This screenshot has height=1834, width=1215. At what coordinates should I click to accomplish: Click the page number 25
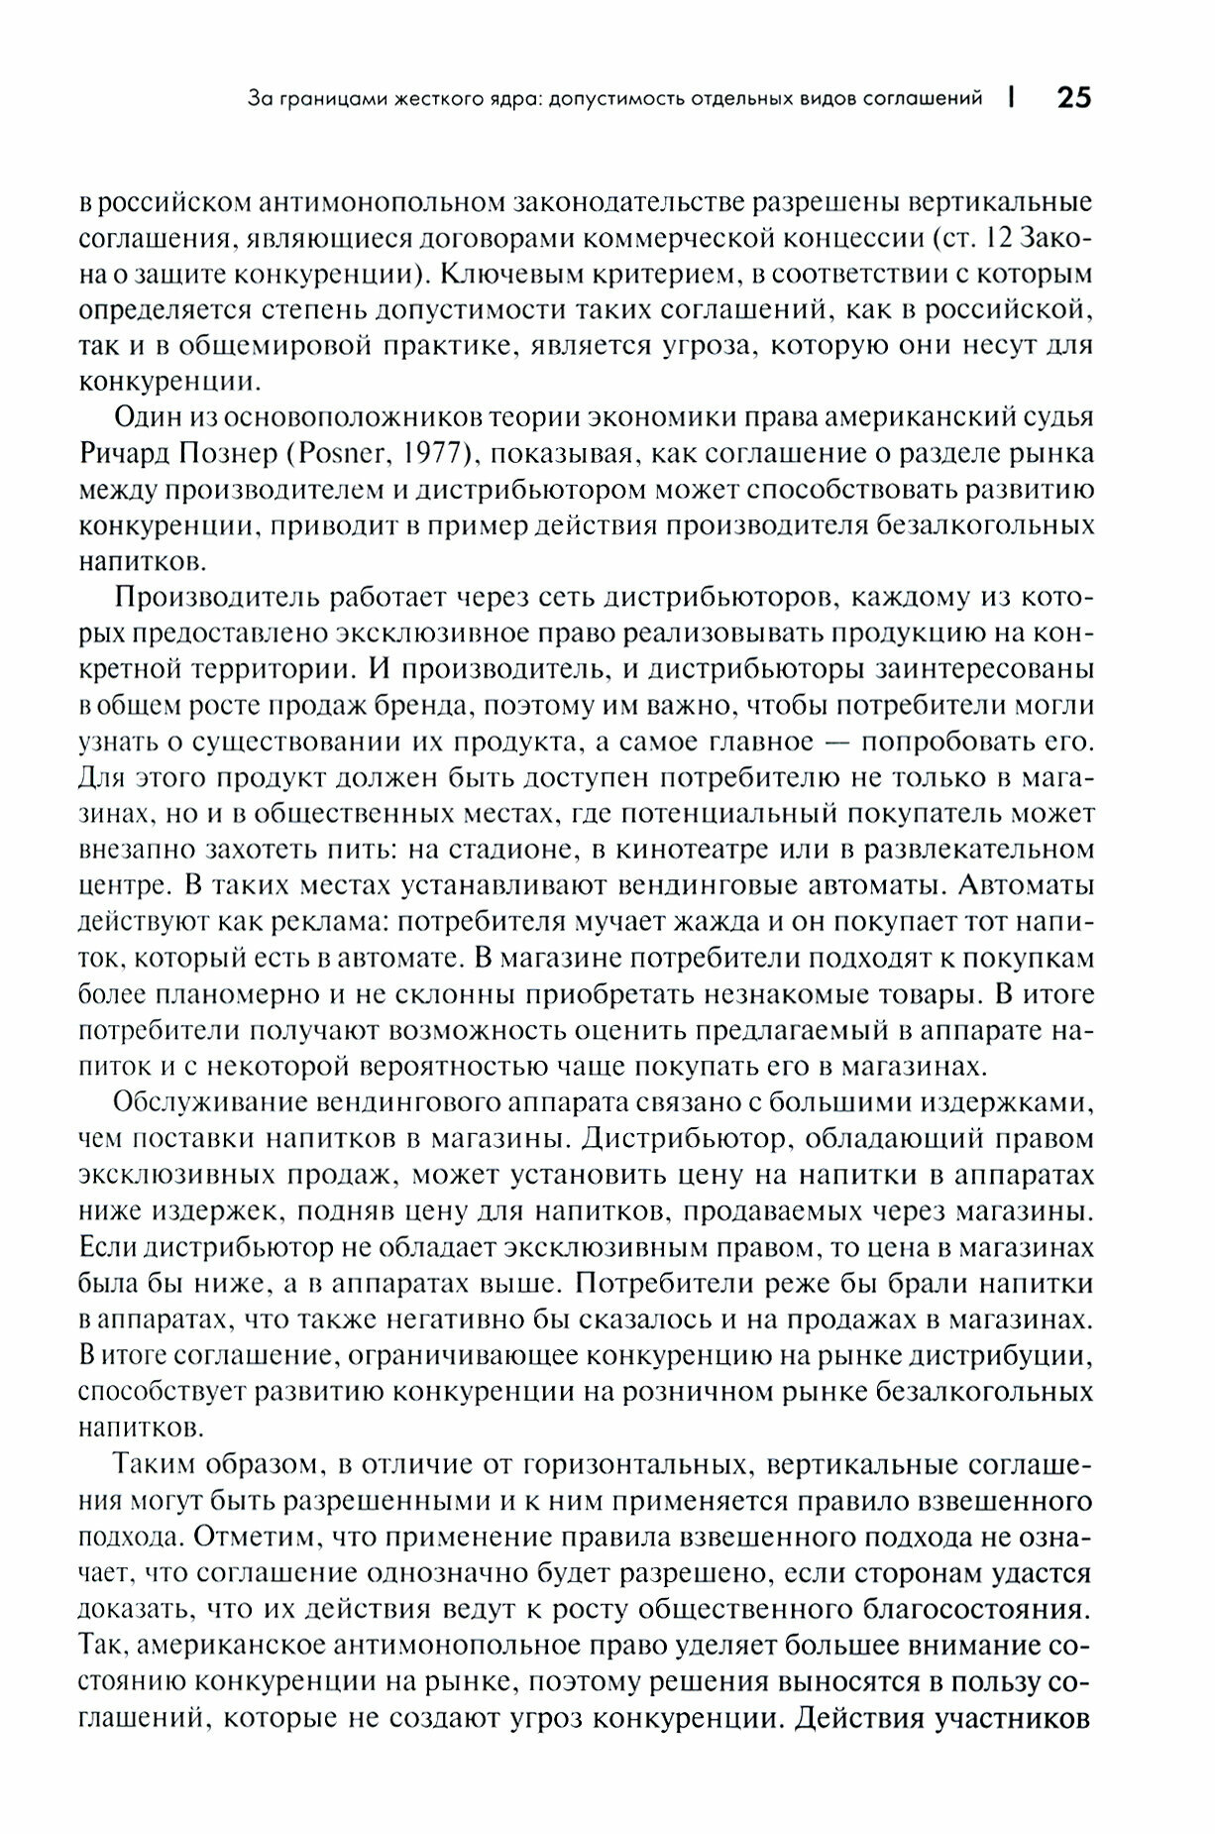1074,98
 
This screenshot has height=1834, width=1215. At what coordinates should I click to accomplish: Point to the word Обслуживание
212,1102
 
